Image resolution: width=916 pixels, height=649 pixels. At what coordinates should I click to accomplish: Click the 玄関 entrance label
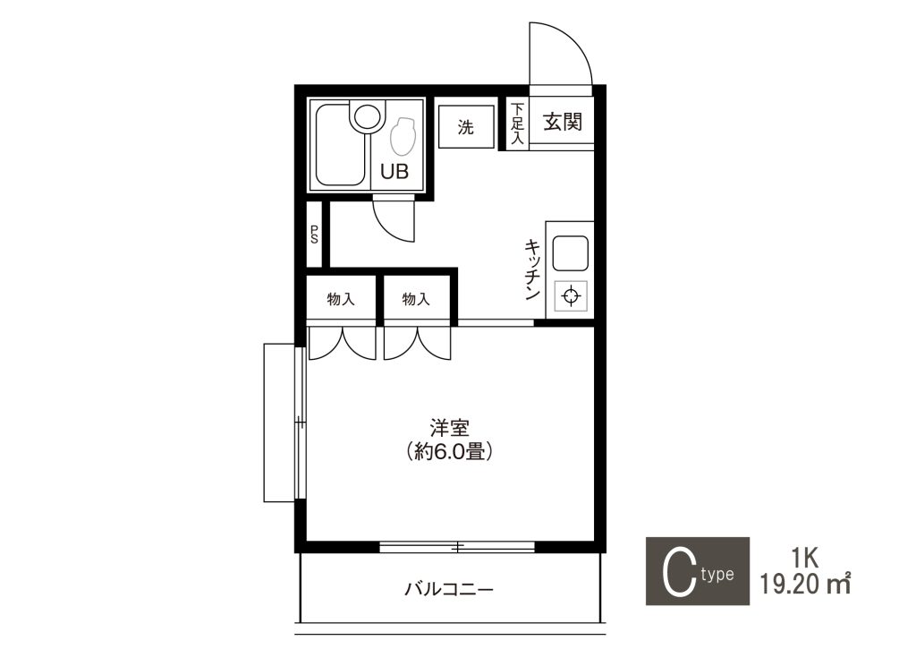pyautogui.click(x=562, y=122)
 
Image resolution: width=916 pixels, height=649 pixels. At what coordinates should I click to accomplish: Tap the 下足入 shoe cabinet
pyautogui.click(x=517, y=124)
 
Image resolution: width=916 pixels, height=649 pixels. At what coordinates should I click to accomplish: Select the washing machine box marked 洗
pyautogui.click(x=466, y=126)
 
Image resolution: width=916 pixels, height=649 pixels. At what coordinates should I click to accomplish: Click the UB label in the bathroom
pyautogui.click(x=394, y=171)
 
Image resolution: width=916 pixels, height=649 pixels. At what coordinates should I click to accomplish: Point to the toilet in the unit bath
pyautogui.click(x=402, y=137)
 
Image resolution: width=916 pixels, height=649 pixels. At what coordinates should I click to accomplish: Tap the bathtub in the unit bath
pyautogui.click(x=341, y=144)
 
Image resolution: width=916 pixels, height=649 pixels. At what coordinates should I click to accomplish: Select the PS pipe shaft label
pyautogui.click(x=314, y=235)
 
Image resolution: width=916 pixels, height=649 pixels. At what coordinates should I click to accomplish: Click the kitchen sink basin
pyautogui.click(x=570, y=253)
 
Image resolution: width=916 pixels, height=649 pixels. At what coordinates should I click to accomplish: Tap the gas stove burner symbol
pyautogui.click(x=570, y=295)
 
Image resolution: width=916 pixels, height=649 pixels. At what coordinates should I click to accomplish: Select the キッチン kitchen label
pyautogui.click(x=531, y=269)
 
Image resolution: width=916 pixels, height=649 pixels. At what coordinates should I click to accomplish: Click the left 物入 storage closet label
pyautogui.click(x=341, y=299)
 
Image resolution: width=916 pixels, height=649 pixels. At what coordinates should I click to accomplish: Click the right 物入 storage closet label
pyautogui.click(x=416, y=299)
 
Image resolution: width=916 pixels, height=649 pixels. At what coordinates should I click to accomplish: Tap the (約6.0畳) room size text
pyautogui.click(x=449, y=452)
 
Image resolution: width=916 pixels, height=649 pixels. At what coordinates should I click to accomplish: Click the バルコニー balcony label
pyautogui.click(x=449, y=589)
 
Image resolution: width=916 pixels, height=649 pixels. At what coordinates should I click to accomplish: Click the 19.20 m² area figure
pyautogui.click(x=804, y=584)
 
